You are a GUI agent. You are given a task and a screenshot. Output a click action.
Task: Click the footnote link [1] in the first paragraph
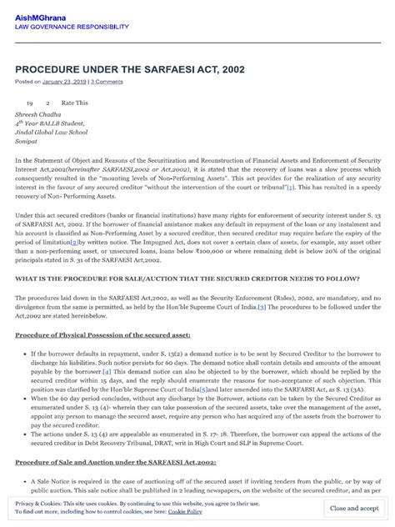(290, 189)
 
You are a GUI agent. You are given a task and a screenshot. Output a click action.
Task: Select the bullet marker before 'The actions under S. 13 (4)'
(22, 435)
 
